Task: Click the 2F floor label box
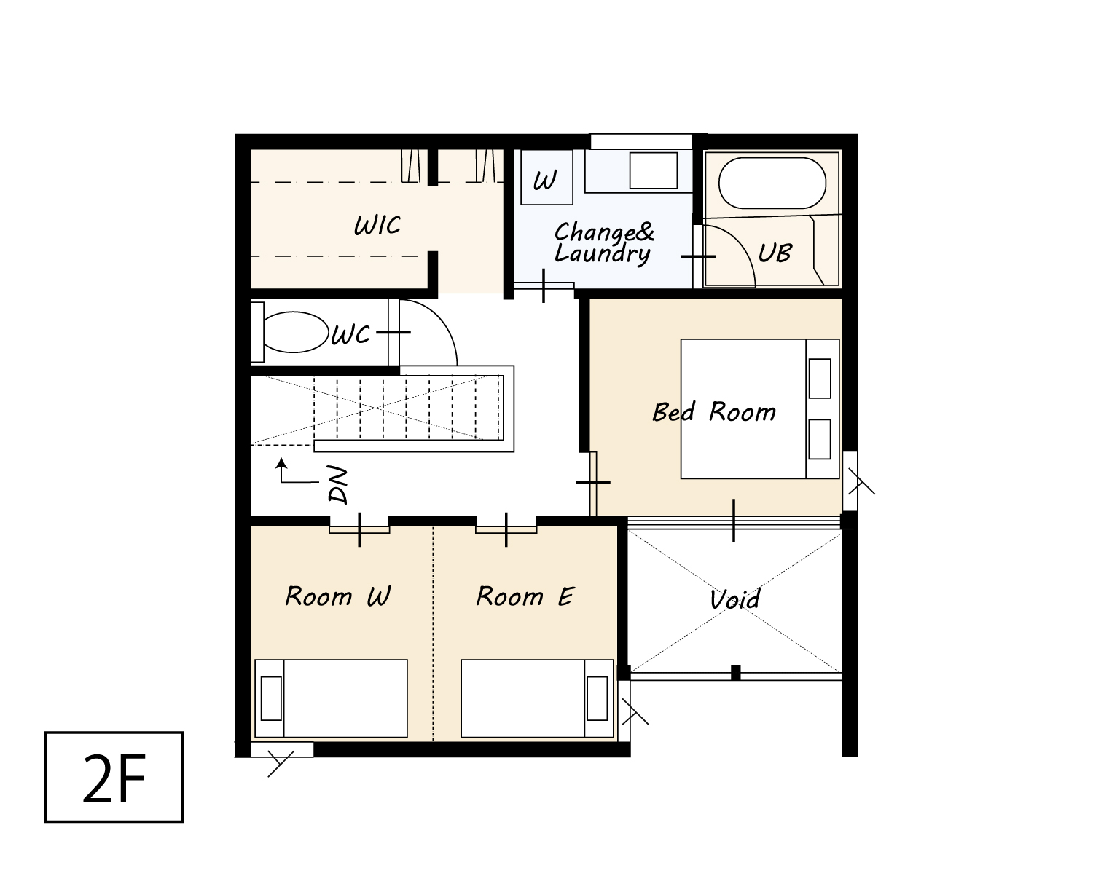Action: coord(114,776)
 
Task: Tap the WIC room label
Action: coord(377,225)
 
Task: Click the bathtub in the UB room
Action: coord(772,183)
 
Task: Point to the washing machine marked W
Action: coord(546,177)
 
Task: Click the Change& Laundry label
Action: coord(604,243)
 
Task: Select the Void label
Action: coord(734,600)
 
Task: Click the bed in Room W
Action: coord(331,698)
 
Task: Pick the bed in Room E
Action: coord(537,698)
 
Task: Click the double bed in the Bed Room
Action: coord(760,408)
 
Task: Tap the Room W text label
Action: coord(337,596)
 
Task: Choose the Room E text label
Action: coord(525,596)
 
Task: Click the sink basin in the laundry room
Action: coord(653,170)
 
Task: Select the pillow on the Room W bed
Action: coord(271,698)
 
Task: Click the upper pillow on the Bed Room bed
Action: coord(819,378)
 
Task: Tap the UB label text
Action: coord(775,253)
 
